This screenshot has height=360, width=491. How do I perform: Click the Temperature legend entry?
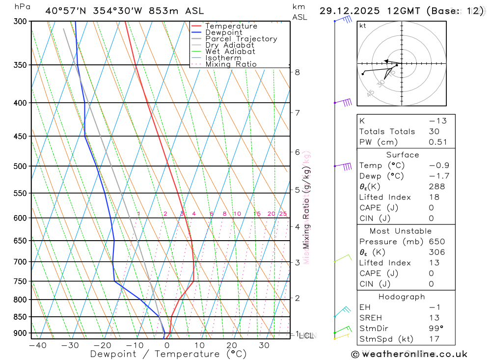click(231, 26)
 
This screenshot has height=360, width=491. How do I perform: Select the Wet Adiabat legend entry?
click(230, 52)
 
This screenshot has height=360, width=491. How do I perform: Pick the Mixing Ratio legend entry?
click(231, 64)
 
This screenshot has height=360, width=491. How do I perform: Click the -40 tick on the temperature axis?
click(37, 345)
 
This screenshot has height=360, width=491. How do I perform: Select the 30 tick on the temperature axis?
click(264, 345)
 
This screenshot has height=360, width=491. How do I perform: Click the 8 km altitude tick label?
click(298, 72)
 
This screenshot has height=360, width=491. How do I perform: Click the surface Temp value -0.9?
click(438, 166)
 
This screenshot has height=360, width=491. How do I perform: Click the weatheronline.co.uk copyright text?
click(409, 354)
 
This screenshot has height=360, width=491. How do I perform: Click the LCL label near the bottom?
click(306, 336)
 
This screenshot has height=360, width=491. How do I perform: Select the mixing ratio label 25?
click(283, 214)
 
